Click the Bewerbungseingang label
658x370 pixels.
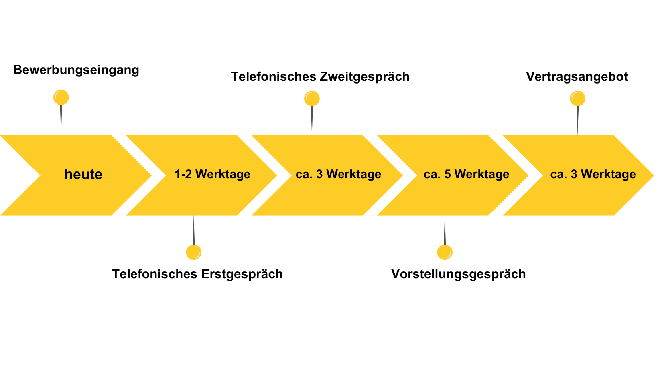click(76, 70)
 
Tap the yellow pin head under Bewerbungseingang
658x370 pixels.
click(61, 97)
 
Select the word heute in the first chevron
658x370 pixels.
click(83, 174)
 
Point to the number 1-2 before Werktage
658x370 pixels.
click(183, 174)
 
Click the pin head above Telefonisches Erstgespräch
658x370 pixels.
click(194, 252)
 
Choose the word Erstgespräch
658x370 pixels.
click(242, 274)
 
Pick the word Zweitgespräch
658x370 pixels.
click(365, 77)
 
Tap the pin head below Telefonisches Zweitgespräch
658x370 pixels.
click(312, 98)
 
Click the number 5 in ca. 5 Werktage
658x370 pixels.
click(448, 174)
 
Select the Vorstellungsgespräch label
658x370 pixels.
click(458, 274)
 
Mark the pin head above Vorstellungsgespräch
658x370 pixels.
click(445, 252)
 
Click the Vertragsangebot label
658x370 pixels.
click(577, 77)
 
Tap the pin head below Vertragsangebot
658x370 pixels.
click(577, 98)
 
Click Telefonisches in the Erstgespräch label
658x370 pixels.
click(154, 274)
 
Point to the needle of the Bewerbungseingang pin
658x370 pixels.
click(61, 119)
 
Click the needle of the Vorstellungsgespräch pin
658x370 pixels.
click(445, 231)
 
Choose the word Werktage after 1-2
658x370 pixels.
click(223, 174)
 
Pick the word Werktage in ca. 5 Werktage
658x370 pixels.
click(482, 174)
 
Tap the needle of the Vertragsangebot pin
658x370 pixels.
click(577, 120)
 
